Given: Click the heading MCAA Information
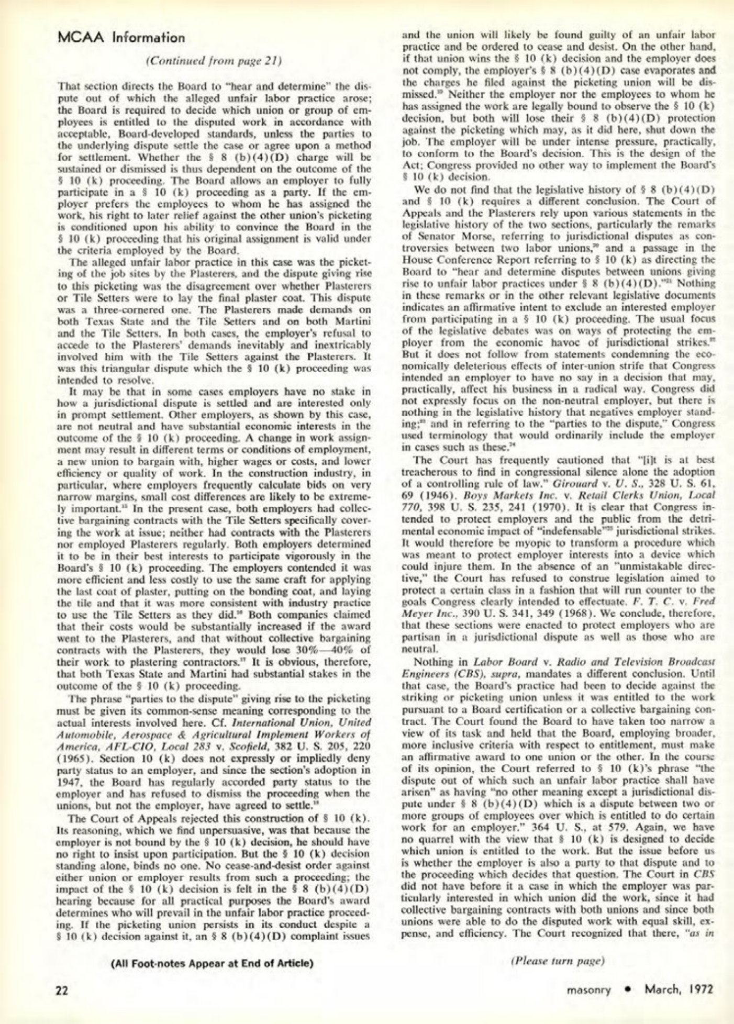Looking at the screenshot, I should pyautogui.click(x=121, y=38).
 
